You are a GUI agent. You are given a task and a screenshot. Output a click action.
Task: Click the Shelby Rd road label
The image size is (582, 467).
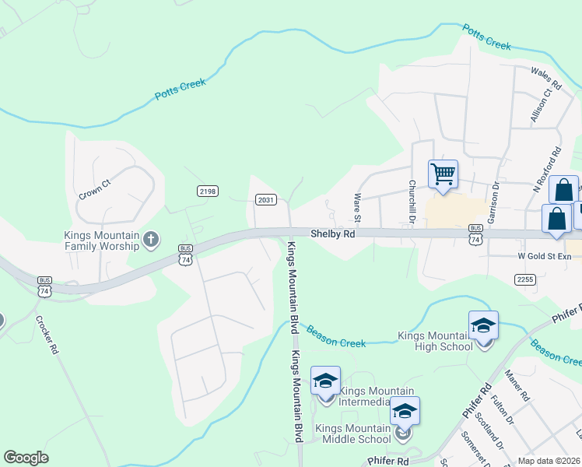(x=333, y=233)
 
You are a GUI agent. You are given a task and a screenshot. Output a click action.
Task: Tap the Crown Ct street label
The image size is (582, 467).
(x=95, y=190)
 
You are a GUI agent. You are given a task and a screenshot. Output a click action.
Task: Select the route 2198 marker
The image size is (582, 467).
(x=208, y=191)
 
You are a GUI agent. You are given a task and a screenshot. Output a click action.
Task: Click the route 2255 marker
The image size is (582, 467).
(x=524, y=279)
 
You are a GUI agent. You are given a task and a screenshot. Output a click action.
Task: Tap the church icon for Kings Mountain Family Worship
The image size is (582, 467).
(x=151, y=241)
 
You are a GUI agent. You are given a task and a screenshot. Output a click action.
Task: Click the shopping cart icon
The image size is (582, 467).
(x=443, y=174)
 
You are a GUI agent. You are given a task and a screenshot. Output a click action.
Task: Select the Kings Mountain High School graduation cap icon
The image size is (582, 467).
(x=483, y=326)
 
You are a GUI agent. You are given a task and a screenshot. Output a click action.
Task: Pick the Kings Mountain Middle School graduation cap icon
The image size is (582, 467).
(x=404, y=412)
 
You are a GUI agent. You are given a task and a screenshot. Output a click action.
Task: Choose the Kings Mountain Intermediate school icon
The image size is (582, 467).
(x=325, y=381)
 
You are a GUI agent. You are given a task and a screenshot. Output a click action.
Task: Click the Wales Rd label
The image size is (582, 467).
(x=546, y=73)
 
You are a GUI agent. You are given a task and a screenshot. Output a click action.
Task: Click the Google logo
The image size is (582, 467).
(x=26, y=457)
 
